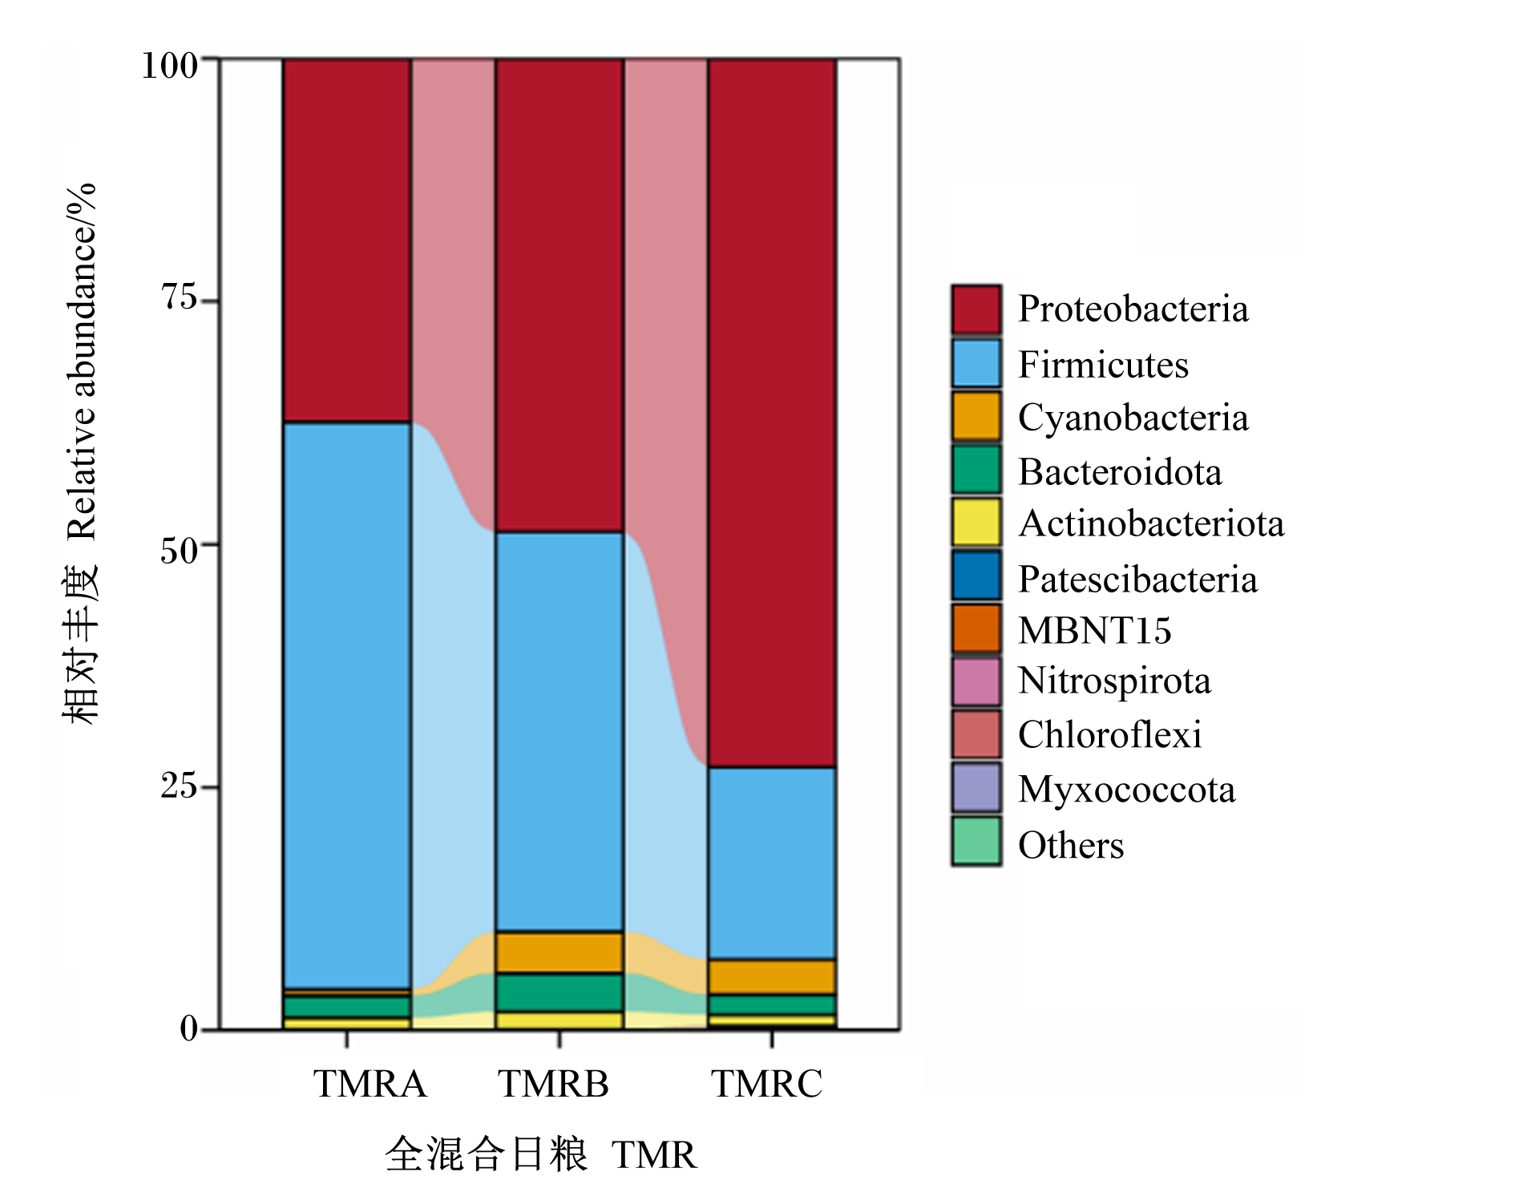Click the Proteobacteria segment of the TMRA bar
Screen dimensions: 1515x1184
pyautogui.click(x=347, y=240)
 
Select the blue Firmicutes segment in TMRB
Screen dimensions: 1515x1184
pyautogui.click(x=560, y=731)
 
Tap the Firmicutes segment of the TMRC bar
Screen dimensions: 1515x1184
pyautogui.click(x=772, y=863)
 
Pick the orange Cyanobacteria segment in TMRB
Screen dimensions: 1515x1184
pyautogui.click(x=560, y=952)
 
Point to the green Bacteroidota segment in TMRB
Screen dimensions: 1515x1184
pyautogui.click(x=560, y=992)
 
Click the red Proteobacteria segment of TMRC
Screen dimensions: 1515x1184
pyautogui.click(x=772, y=413)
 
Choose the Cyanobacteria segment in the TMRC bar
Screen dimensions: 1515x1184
pyautogui.click(x=772, y=976)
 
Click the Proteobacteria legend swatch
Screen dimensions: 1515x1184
pyautogui.click(x=976, y=309)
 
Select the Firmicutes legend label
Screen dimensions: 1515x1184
pyautogui.click(x=1103, y=365)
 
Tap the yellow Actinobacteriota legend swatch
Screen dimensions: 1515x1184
pyautogui.click(x=976, y=522)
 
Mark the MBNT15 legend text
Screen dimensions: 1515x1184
pyautogui.click(x=1095, y=631)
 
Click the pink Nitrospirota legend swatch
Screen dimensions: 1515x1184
pyautogui.click(x=976, y=681)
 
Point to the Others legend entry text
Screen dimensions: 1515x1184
pyautogui.click(x=1071, y=846)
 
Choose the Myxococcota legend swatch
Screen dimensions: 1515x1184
pyautogui.click(x=976, y=787)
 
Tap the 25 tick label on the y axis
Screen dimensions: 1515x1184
pyautogui.click(x=179, y=786)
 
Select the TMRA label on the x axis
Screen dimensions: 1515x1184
pyautogui.click(x=370, y=1084)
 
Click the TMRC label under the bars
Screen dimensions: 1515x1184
pyautogui.click(x=767, y=1084)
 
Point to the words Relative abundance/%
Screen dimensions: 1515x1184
pyautogui.click(x=82, y=362)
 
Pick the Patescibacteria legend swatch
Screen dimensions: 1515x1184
pyautogui.click(x=976, y=576)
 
